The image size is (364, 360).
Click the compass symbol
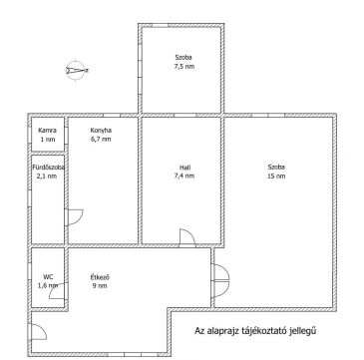point(76,71)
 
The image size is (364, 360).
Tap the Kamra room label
point(47,131)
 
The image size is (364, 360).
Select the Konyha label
point(101,131)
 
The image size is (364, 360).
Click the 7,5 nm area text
point(183,67)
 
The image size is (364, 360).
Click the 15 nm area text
point(276,177)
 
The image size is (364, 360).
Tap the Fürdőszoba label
point(48,168)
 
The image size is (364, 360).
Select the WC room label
point(48,276)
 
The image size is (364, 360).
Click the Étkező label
point(100,276)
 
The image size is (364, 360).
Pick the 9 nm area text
point(100,285)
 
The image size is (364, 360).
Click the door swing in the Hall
point(187,237)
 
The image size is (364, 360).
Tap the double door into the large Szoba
point(220,280)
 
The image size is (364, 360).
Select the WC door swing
point(58,291)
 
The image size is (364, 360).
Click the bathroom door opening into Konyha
point(74,217)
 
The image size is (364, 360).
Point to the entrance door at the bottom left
point(38,332)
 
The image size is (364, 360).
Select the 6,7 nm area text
point(101,140)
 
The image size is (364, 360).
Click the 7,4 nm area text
point(184,177)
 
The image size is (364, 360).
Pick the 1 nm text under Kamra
point(47,140)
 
